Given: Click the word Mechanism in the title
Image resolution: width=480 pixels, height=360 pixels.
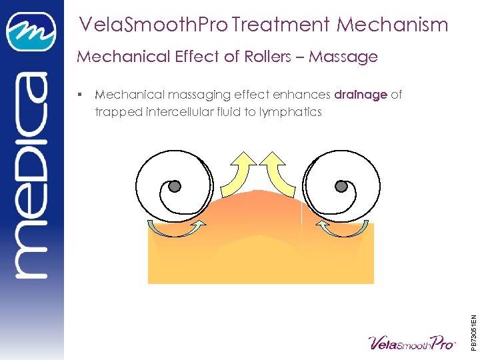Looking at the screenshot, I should pos(392,25).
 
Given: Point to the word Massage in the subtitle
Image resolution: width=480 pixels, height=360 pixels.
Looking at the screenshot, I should pos(343,57).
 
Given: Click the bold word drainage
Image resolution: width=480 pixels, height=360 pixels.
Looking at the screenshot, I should pos(361,95).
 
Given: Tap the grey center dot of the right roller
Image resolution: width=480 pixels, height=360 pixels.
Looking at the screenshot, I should pos(342,186).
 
